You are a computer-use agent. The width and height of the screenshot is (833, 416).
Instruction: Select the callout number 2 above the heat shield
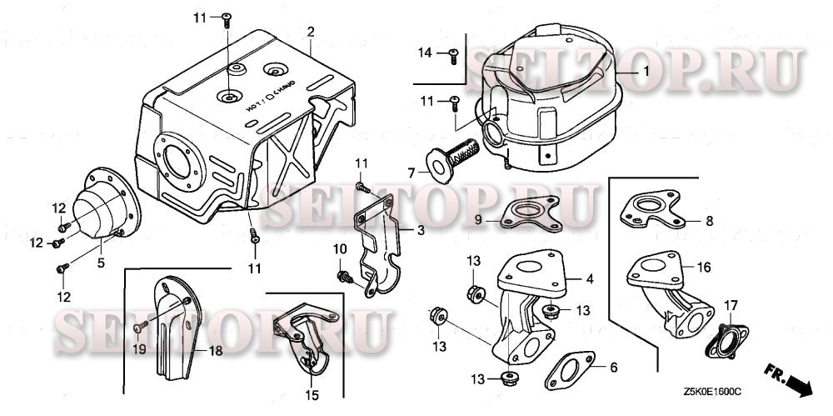coord(310,32)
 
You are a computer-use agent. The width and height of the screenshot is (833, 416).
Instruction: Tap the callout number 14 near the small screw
coord(425,53)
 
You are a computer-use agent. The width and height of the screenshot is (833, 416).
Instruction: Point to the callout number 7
coord(411,172)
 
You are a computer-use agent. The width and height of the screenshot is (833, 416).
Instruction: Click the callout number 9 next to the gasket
coord(478,219)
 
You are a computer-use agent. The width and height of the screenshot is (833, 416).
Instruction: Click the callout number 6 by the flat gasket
coord(614,367)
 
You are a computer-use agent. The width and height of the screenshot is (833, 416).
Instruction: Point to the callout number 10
coord(339,249)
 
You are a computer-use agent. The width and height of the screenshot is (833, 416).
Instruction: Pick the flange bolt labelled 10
coord(342,275)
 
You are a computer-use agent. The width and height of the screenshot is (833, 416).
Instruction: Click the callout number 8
coord(709,221)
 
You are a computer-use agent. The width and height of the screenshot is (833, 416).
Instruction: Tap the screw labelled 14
coord(453,56)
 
